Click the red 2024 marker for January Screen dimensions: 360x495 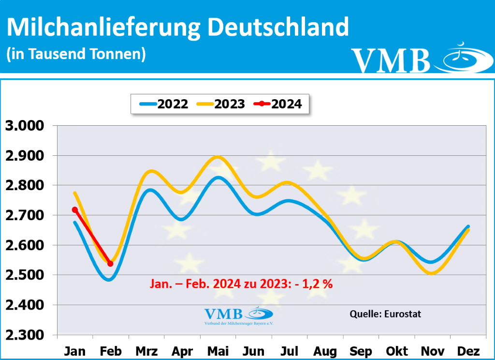click(x=75, y=210)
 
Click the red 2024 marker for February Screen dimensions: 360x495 click(x=110, y=263)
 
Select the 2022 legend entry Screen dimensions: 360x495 click(x=164, y=104)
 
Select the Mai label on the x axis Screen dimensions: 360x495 click(x=218, y=351)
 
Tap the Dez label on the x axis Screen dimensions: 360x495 click(x=467, y=351)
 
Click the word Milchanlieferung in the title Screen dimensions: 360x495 click(x=103, y=28)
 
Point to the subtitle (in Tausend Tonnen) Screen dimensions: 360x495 click(x=76, y=54)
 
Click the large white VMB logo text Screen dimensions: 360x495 click(x=391, y=60)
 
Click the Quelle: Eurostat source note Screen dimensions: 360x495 click(x=385, y=314)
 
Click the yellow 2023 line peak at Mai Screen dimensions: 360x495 click(x=218, y=156)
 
